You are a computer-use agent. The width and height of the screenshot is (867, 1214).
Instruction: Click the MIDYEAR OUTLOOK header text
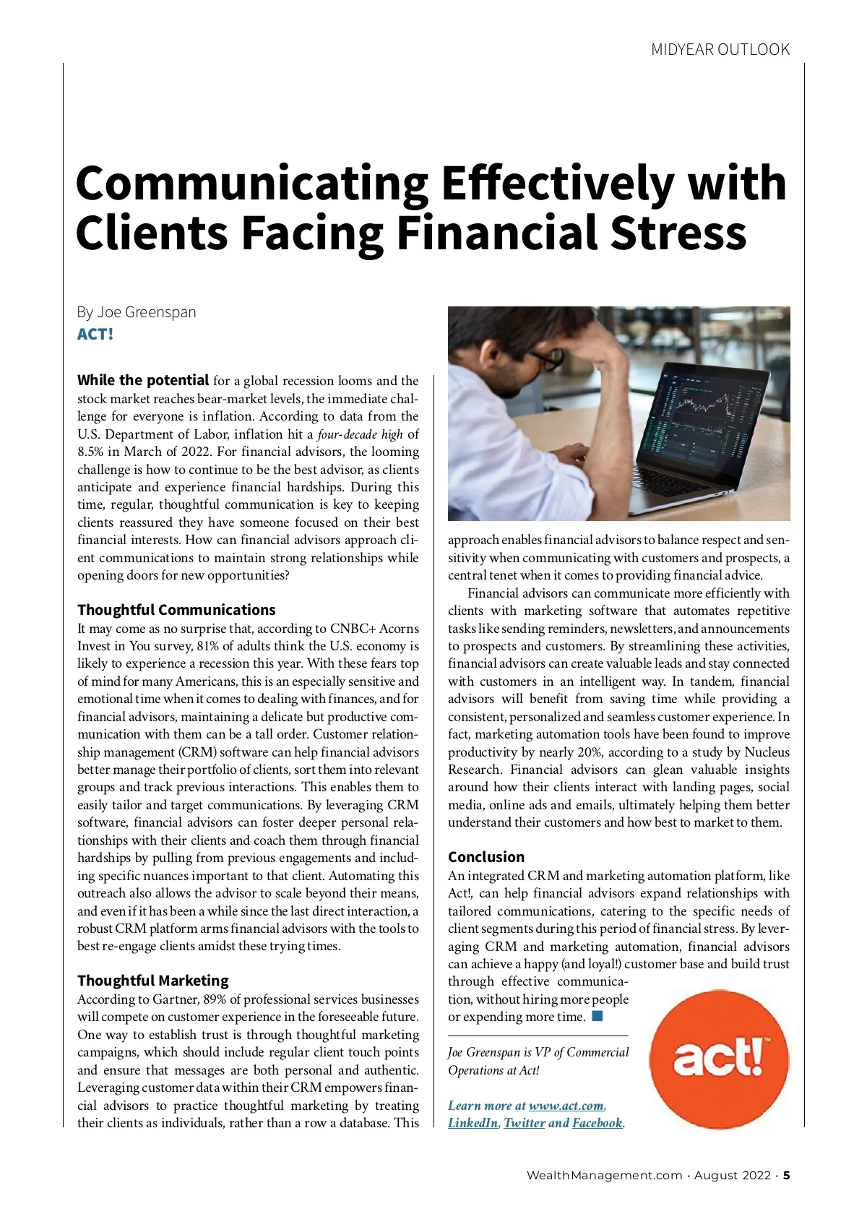720,50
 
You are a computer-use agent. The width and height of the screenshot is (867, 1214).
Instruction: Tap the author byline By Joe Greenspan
137,312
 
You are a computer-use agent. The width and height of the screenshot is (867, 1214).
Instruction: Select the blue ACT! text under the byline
95,335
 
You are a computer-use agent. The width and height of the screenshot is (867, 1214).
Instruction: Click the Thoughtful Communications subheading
176,610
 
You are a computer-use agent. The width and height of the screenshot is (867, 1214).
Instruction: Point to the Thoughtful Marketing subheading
152,981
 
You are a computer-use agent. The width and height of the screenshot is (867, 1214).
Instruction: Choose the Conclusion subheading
486,857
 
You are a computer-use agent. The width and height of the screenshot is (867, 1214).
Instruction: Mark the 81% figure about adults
209,646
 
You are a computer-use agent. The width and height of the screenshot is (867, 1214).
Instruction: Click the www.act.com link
566,1106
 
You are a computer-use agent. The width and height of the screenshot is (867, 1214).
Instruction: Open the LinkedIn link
473,1123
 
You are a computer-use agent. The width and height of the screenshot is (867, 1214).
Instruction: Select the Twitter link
524,1123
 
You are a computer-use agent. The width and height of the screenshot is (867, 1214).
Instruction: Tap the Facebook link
597,1123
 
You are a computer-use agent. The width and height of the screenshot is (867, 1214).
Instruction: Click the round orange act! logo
719,1059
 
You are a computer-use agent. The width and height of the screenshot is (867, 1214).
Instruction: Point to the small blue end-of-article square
598,1017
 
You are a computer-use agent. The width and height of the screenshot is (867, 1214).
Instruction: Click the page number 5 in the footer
787,1175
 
